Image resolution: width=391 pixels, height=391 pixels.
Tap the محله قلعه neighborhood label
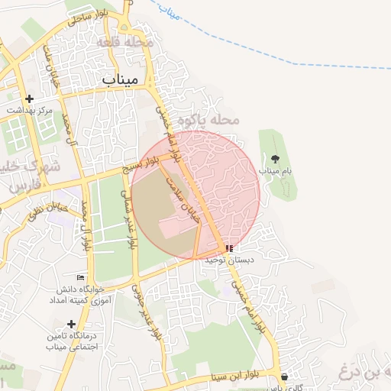tap(126, 44)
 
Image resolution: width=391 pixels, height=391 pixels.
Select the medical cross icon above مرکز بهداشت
tap(30, 99)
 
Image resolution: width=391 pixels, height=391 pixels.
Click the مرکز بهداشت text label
tap(31, 111)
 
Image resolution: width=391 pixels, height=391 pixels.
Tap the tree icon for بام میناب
tap(275, 159)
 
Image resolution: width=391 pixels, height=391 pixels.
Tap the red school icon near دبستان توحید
tap(230, 248)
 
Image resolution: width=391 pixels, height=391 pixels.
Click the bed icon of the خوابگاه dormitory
tap(81, 277)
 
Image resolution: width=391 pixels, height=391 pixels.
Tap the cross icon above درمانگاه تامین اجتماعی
tap(71, 325)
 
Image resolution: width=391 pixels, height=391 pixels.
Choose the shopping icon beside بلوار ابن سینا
tap(284, 376)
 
